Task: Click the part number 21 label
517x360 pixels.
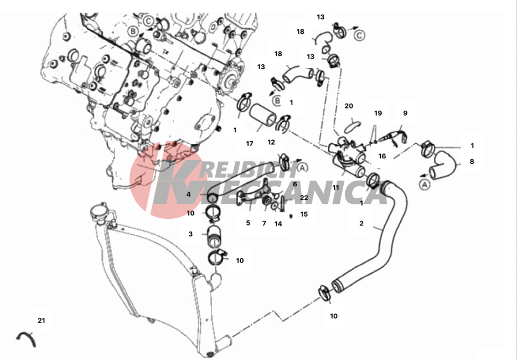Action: pos(41,321)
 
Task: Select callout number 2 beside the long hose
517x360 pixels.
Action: pos(361,223)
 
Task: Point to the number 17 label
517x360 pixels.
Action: pos(250,143)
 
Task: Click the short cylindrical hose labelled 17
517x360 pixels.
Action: pos(262,116)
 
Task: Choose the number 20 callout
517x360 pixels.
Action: pos(349,106)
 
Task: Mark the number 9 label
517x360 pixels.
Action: pos(405,113)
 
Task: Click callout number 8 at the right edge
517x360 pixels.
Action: pos(472,161)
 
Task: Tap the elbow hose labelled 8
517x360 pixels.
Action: pos(443,163)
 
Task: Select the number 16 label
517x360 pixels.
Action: pos(382,156)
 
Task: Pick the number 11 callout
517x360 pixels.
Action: pos(335,188)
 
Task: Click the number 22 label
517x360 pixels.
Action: pos(304,198)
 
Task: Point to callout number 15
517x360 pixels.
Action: pos(304,214)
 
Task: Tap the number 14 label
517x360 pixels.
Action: pos(278,224)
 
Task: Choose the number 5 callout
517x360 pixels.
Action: pos(248,223)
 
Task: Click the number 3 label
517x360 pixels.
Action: pos(190,234)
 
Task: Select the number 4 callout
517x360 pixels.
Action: pos(189,194)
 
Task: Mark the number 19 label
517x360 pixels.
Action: pos(378,113)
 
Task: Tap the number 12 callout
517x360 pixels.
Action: pos(271,142)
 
